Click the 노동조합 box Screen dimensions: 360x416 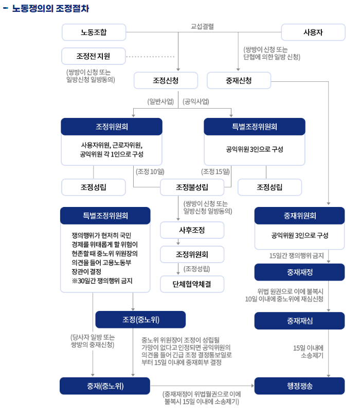pos(94,32)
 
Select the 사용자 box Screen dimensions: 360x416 pos(313,32)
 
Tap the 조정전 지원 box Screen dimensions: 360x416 pos(93,56)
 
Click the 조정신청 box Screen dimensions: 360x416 pos(166,80)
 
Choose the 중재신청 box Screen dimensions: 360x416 pos(239,80)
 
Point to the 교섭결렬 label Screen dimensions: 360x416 pos(202,26)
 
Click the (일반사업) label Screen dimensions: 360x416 pos(160,101)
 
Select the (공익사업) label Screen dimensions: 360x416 pos(196,101)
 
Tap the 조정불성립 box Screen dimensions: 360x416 pos(192,187)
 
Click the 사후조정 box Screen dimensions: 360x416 pos(192,230)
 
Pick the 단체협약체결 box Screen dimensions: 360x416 pos(192,283)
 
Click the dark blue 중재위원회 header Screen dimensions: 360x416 pos(299,216)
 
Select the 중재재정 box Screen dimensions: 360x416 pos(299,272)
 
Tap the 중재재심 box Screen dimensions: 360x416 pos(299,320)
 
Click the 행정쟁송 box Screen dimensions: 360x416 pos(299,386)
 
